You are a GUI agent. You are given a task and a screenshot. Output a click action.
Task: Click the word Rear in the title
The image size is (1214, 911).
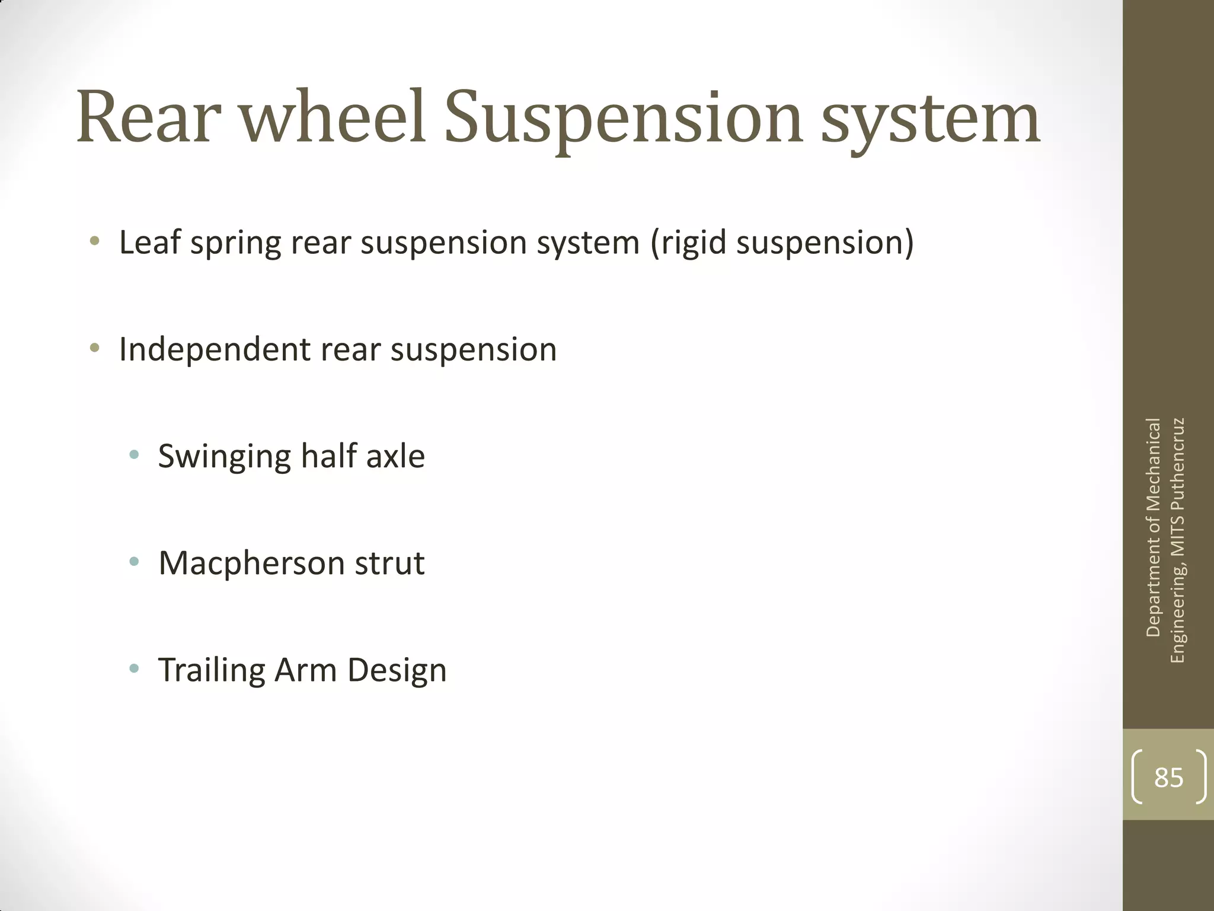(149, 117)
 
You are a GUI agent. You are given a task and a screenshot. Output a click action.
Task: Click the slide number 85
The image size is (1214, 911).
(1168, 777)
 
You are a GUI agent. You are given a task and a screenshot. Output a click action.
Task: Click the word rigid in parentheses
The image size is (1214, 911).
(694, 243)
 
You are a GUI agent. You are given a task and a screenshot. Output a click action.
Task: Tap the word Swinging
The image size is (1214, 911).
(224, 457)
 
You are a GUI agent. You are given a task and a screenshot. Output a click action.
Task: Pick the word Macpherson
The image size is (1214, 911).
(251, 563)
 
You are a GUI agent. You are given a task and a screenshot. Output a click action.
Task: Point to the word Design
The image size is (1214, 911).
(397, 671)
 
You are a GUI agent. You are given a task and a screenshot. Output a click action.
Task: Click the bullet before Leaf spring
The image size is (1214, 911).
(95, 241)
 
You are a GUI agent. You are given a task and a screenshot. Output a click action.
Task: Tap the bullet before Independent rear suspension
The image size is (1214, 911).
(95, 348)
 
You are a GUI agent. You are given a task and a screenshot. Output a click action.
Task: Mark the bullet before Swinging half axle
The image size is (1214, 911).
(134, 455)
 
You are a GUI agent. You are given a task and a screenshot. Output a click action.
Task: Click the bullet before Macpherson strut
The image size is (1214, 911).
(134, 562)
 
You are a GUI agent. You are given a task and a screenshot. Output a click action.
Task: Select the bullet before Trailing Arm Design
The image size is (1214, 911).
(134, 669)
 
